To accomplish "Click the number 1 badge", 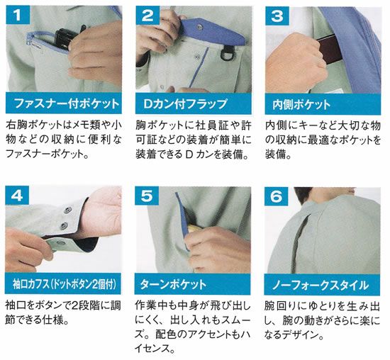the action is coord(18,15).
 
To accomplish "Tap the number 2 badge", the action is coord(147,15).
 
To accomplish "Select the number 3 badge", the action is coord(277,16).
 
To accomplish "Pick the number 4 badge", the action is coord(17,196).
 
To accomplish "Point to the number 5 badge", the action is coord(147,196).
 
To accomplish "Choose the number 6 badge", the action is coord(276,196).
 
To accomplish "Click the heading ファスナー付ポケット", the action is coord(67,103).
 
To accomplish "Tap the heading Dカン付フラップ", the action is coord(185,104).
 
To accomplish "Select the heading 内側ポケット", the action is coord(301,104).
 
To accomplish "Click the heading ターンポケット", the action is coord(173,284).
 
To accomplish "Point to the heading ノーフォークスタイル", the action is coord(321,285).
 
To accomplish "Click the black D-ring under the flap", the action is coord(226,53).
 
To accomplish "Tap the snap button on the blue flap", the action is coord(200,26).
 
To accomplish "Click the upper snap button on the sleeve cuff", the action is coord(67,210).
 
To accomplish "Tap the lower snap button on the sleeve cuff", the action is coord(65,225).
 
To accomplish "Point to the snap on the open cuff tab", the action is coord(60,242).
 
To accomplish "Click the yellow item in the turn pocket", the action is coord(194,228).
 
